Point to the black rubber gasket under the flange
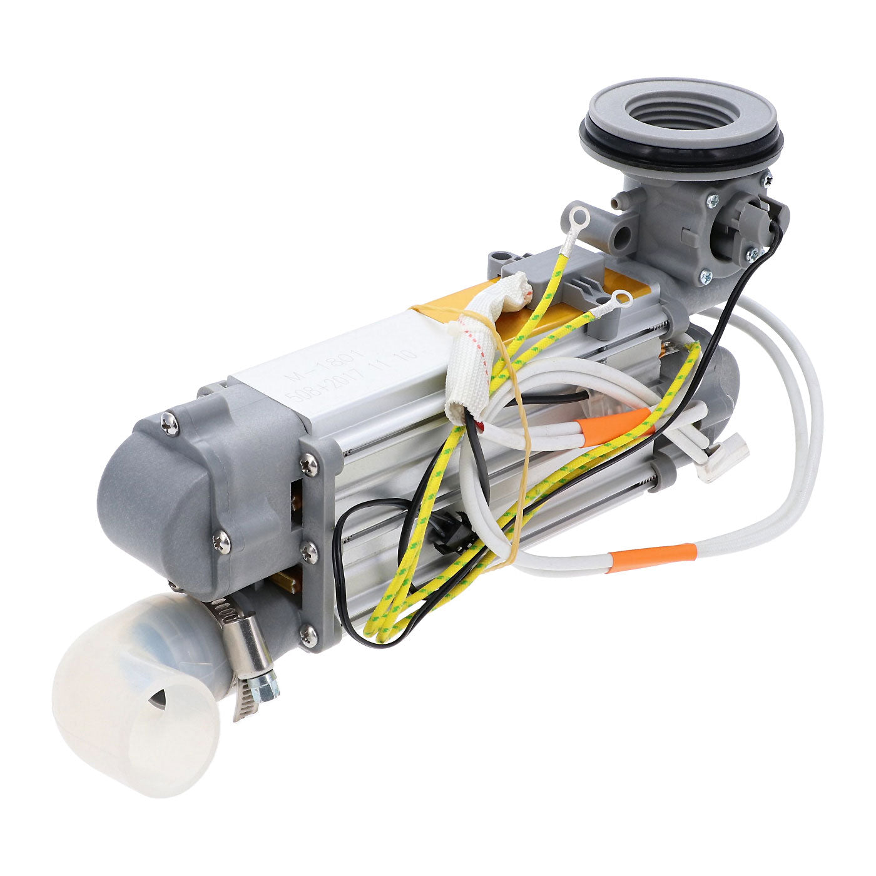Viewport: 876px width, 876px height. pyautogui.click(x=682, y=150)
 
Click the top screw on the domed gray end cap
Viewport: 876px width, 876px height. pyautogui.click(x=170, y=425)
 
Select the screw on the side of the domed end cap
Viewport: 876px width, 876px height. pyautogui.click(x=222, y=542)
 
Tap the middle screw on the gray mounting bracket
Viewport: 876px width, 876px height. pyautogui.click(x=308, y=552)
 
